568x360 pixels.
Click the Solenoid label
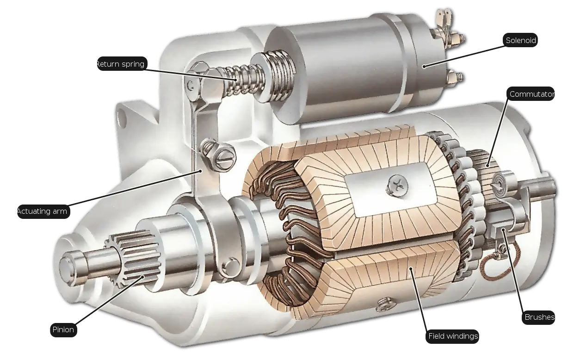coord(520,40)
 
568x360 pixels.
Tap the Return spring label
coord(120,64)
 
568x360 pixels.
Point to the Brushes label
coord(538,317)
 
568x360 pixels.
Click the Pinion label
coord(63,330)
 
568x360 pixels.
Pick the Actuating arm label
coord(43,211)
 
